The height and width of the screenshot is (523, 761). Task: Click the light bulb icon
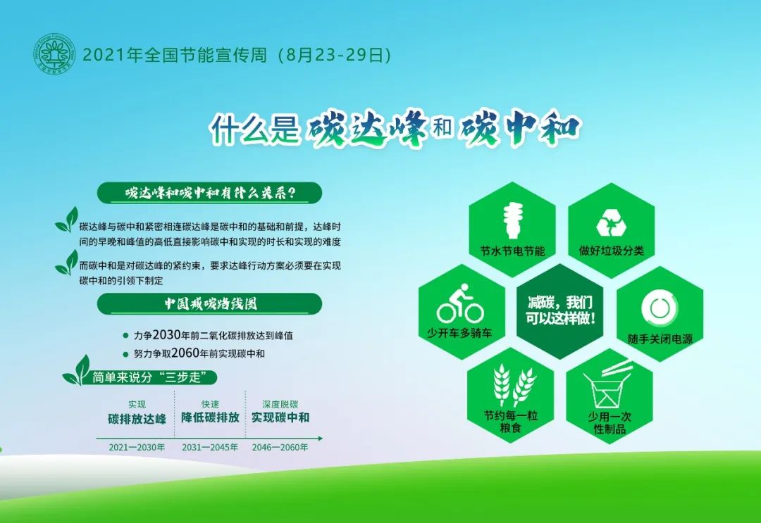point(512,220)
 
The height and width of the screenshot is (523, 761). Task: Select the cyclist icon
point(460,303)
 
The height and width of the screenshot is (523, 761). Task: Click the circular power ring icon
point(659,308)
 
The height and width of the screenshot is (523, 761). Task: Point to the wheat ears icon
point(513,386)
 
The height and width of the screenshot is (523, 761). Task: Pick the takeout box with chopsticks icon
point(608,385)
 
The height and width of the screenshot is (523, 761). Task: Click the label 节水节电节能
point(512,251)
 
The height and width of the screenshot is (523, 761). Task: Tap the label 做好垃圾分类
point(611,251)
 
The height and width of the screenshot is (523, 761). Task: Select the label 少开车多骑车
point(459,333)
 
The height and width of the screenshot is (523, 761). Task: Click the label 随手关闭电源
point(660,339)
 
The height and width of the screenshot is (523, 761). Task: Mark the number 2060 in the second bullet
point(185,353)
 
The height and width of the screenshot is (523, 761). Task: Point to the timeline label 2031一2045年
point(210,448)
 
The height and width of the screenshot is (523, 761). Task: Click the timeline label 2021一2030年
point(137,448)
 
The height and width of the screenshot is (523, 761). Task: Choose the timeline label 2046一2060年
point(280,448)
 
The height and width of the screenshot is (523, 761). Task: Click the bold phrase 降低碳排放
point(210,417)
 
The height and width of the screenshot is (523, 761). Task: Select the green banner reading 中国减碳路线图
point(210,304)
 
